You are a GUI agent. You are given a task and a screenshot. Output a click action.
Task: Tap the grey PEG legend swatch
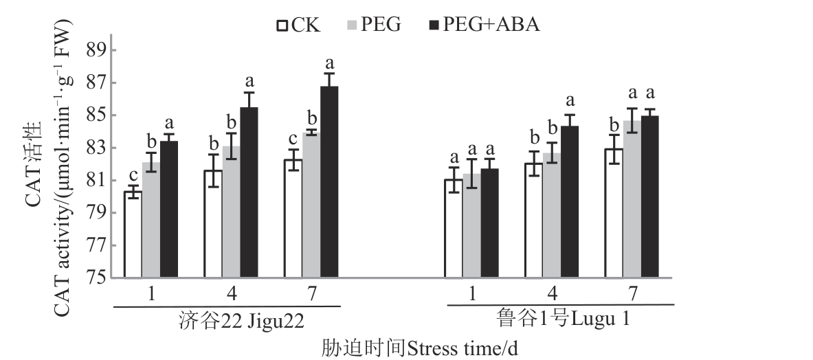tap(350, 25)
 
